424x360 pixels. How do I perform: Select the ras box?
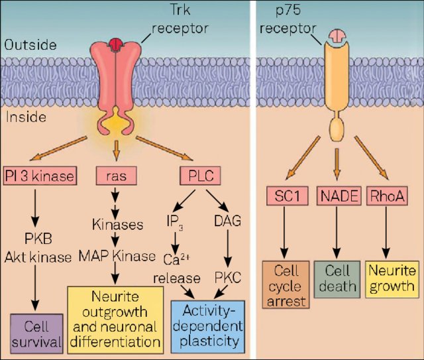point(116,175)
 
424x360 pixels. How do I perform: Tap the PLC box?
point(199,175)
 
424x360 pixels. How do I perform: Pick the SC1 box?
point(284,196)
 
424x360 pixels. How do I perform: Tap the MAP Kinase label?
point(117,254)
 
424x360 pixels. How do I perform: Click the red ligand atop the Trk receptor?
point(117,44)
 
